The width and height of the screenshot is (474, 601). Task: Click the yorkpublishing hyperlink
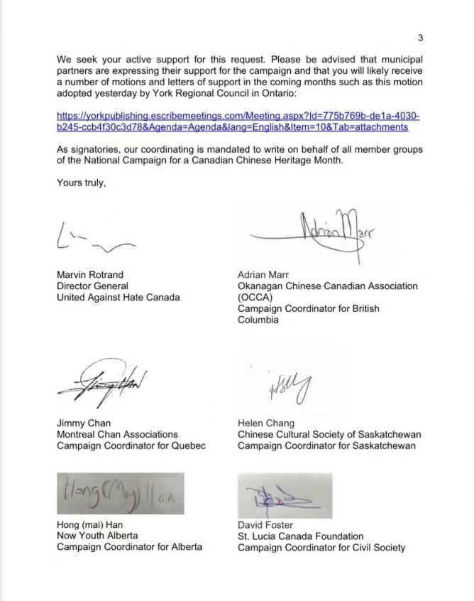coord(238,121)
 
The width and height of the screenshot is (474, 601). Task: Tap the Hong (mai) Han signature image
coord(120,493)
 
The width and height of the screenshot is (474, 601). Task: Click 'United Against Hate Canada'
coord(118,298)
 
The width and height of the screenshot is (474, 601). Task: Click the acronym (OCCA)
coord(254,298)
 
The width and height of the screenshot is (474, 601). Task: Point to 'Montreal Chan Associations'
coord(117,434)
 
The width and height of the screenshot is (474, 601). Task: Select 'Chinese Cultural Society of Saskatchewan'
coord(329,434)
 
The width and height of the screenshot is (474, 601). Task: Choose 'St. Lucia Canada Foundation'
coord(301,536)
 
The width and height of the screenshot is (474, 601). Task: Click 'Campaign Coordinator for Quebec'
coord(131,445)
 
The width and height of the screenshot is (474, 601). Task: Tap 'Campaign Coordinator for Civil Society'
coord(321,548)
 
